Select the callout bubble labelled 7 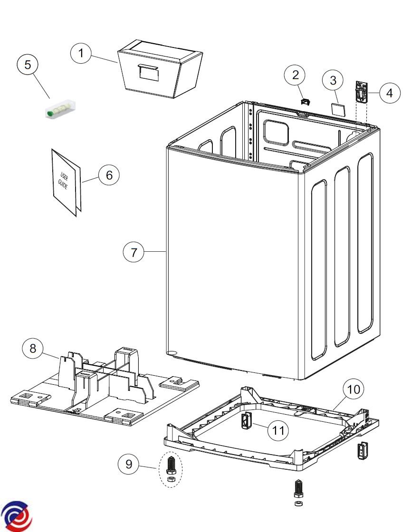tap(134, 252)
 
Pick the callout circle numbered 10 tap(353, 390)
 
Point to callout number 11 tap(278, 430)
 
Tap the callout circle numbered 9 tap(129, 464)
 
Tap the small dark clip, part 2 tap(306, 101)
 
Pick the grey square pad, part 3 tap(337, 109)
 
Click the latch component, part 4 tap(362, 92)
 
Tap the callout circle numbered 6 tap(109, 175)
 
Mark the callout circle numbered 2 tap(296, 75)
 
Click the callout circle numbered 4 tap(390, 93)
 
